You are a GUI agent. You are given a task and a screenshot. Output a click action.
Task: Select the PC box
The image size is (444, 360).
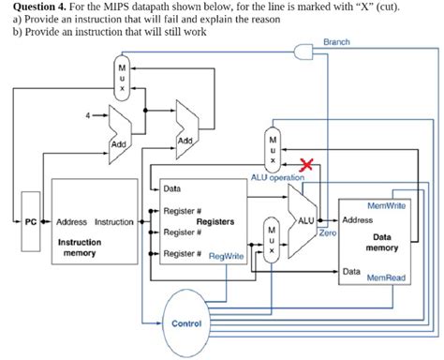pyautogui.click(x=31, y=222)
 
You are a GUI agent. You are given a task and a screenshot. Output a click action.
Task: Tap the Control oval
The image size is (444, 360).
pyautogui.click(x=186, y=323)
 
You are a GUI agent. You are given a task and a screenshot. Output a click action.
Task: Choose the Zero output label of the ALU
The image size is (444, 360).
pyautogui.click(x=327, y=231)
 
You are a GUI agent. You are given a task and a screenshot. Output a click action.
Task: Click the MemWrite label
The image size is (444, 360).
pyautogui.click(x=387, y=205)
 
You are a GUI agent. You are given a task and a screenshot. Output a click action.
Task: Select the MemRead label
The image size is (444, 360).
pyautogui.click(x=386, y=277)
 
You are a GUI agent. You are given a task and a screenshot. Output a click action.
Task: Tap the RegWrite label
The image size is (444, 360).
pyautogui.click(x=226, y=255)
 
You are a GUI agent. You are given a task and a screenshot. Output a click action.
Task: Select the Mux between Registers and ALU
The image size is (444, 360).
pyautogui.click(x=271, y=242)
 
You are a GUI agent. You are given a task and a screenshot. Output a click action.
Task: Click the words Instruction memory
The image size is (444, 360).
pyautogui.click(x=80, y=247)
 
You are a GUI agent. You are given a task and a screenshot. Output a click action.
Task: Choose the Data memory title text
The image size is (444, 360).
pyautogui.click(x=381, y=243)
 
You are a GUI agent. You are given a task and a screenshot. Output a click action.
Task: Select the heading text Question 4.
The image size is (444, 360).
pyautogui.click(x=38, y=7)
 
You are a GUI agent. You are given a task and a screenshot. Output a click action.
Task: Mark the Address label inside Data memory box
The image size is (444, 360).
pyautogui.click(x=358, y=220)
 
